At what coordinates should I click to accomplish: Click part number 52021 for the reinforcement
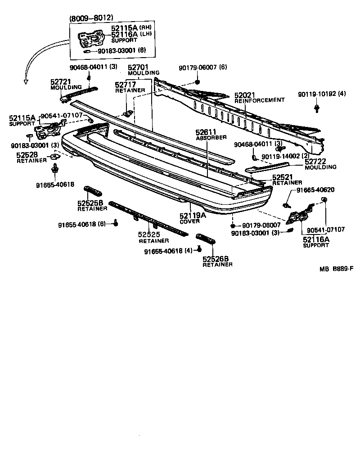[245, 95]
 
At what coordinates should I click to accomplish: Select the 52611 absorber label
[206, 133]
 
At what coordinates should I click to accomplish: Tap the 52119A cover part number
[193, 216]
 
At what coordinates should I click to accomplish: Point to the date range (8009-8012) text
[91, 18]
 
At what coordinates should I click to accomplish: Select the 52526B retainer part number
[215, 259]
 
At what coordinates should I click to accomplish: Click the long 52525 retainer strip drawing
[148, 218]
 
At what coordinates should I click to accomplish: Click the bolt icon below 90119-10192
[317, 108]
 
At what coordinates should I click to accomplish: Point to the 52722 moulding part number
[315, 161]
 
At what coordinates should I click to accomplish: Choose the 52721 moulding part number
[59, 81]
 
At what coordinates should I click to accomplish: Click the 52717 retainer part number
[125, 84]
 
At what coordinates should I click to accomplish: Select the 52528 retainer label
[27, 154]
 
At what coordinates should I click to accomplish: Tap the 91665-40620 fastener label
[315, 189]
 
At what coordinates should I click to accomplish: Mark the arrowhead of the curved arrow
[26, 82]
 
